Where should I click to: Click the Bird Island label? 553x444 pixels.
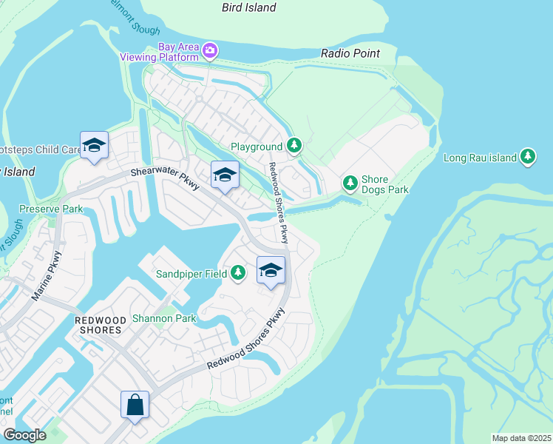pyautogui.click(x=249, y=7)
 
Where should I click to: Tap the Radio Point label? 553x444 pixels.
pyautogui.click(x=350, y=53)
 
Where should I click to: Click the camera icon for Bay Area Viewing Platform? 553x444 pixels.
pyautogui.click(x=210, y=50)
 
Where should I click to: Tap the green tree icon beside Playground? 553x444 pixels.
pyautogui.click(x=294, y=146)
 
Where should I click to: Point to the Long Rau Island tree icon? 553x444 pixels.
pyautogui.click(x=527, y=156)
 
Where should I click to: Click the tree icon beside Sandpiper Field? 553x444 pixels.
pyautogui.click(x=237, y=273)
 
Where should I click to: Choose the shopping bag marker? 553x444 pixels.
pyautogui.click(x=135, y=405)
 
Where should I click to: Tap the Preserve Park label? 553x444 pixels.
pyautogui.click(x=51, y=209)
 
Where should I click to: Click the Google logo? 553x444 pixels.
pyautogui.click(x=25, y=435)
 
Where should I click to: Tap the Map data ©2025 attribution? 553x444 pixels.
pyautogui.click(x=520, y=438)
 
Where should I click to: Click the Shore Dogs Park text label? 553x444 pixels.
pyautogui.click(x=384, y=184)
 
